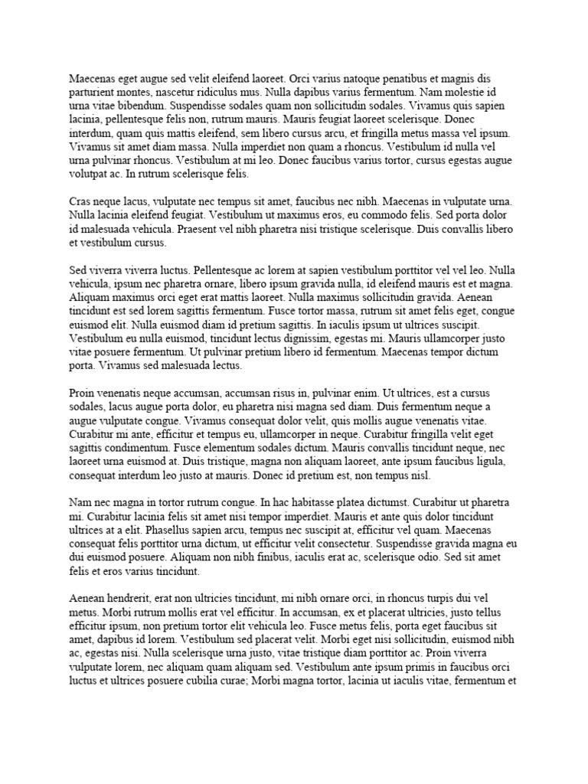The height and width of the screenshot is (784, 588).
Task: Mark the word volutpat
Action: click(91, 175)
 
